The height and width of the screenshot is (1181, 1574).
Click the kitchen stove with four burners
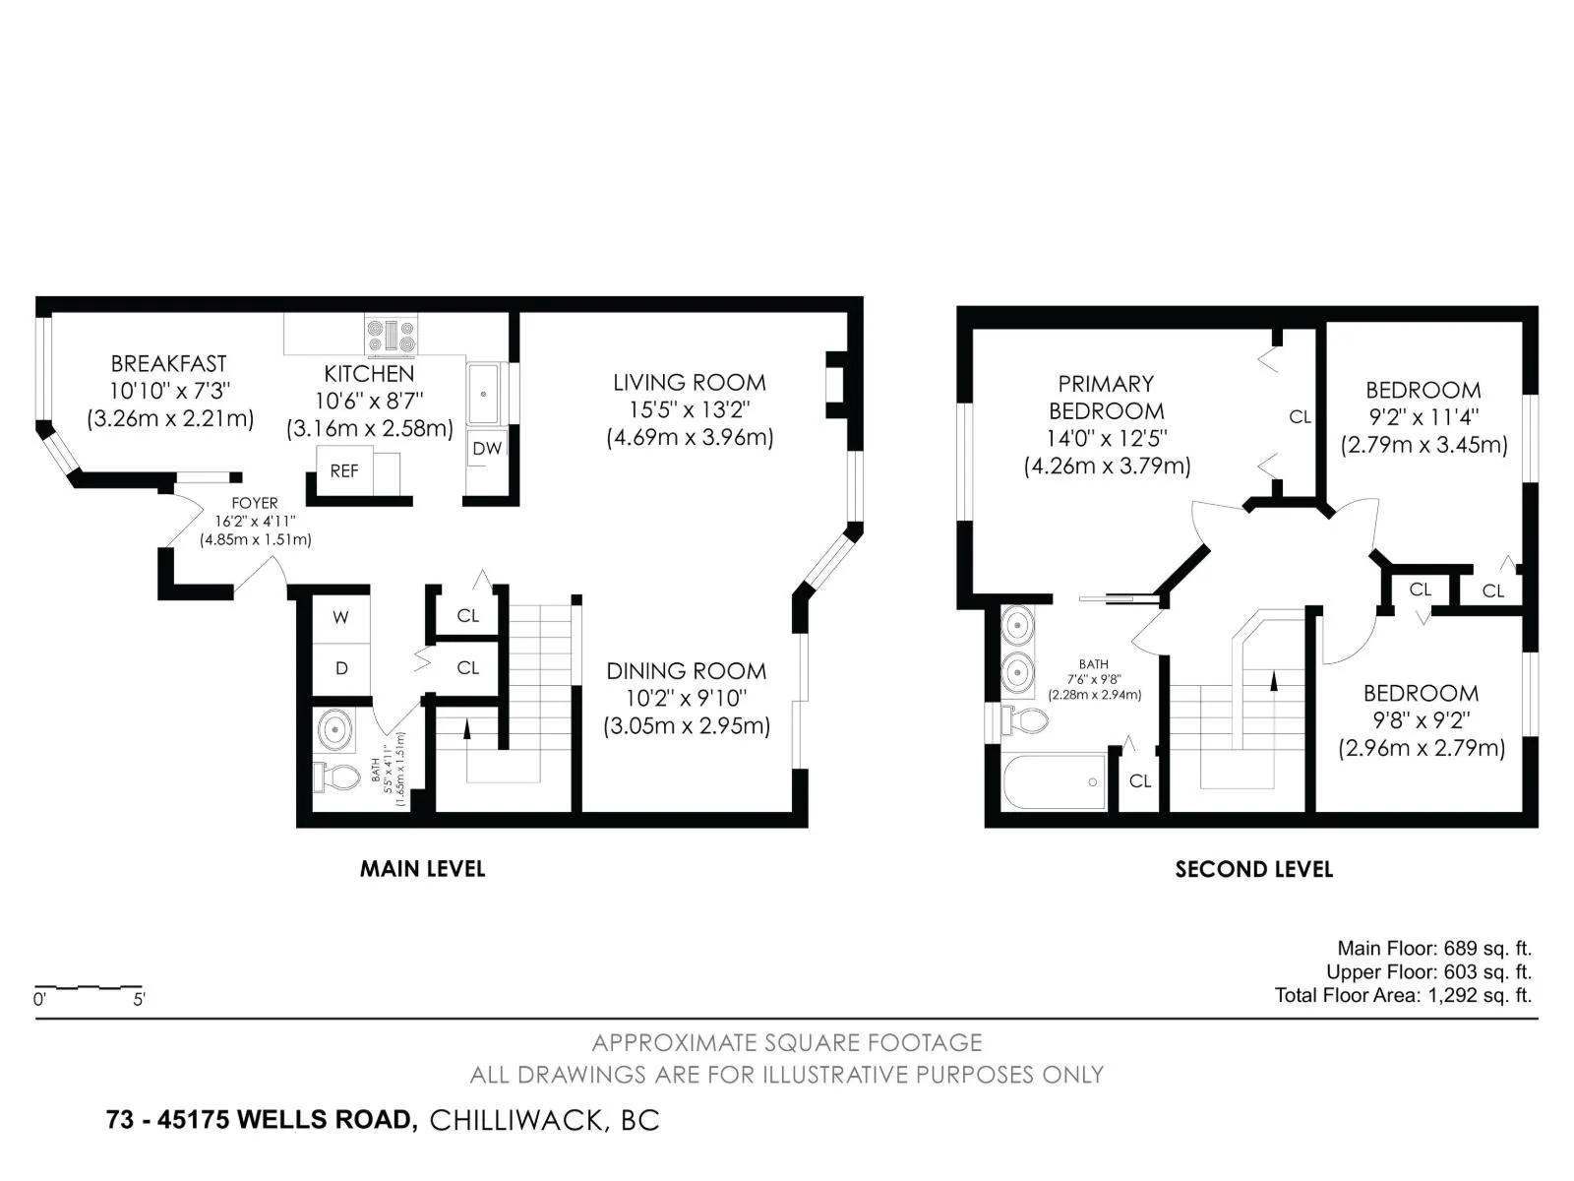[x=391, y=336]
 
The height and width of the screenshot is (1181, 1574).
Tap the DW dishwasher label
[x=487, y=449]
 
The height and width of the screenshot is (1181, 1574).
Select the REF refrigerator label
[x=344, y=471]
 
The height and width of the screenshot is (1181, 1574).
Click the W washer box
[x=341, y=617]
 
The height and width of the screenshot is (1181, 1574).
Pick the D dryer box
[x=341, y=669]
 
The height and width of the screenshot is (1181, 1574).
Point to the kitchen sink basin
[x=483, y=394]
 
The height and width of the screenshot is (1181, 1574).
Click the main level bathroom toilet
[x=336, y=777]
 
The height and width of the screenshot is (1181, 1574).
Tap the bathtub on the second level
[x=1055, y=780]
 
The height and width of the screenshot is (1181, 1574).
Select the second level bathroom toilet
[x=1025, y=720]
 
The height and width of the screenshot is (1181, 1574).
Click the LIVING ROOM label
[x=690, y=383]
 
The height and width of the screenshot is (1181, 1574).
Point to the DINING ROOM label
[x=687, y=671]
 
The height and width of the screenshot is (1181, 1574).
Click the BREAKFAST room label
[x=168, y=364]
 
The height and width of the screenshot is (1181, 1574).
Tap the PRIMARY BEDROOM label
[x=1106, y=398]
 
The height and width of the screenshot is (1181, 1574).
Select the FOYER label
[x=255, y=503]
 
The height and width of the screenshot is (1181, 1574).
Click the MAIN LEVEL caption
[x=422, y=869]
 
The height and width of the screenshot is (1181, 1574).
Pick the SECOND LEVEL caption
[x=1253, y=870]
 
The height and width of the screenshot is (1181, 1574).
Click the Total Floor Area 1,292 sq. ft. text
[x=1403, y=995]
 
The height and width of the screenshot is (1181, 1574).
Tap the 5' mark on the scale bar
[x=139, y=999]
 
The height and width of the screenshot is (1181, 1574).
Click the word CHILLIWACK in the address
[x=516, y=1121]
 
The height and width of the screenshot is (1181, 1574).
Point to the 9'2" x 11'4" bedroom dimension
[x=1423, y=417]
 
